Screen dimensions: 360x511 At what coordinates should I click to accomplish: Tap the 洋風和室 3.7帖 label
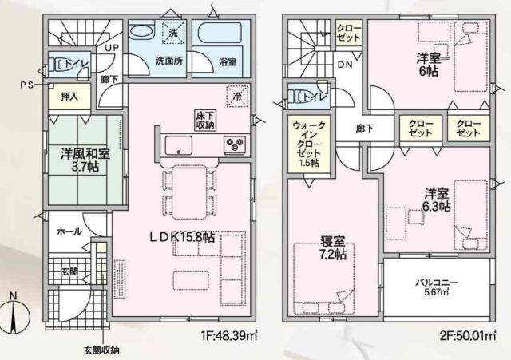[82, 159]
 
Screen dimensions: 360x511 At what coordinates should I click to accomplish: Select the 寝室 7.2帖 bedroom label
[330, 247]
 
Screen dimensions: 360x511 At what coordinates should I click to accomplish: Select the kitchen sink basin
[178, 144]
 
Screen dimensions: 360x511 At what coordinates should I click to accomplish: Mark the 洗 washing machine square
[172, 34]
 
